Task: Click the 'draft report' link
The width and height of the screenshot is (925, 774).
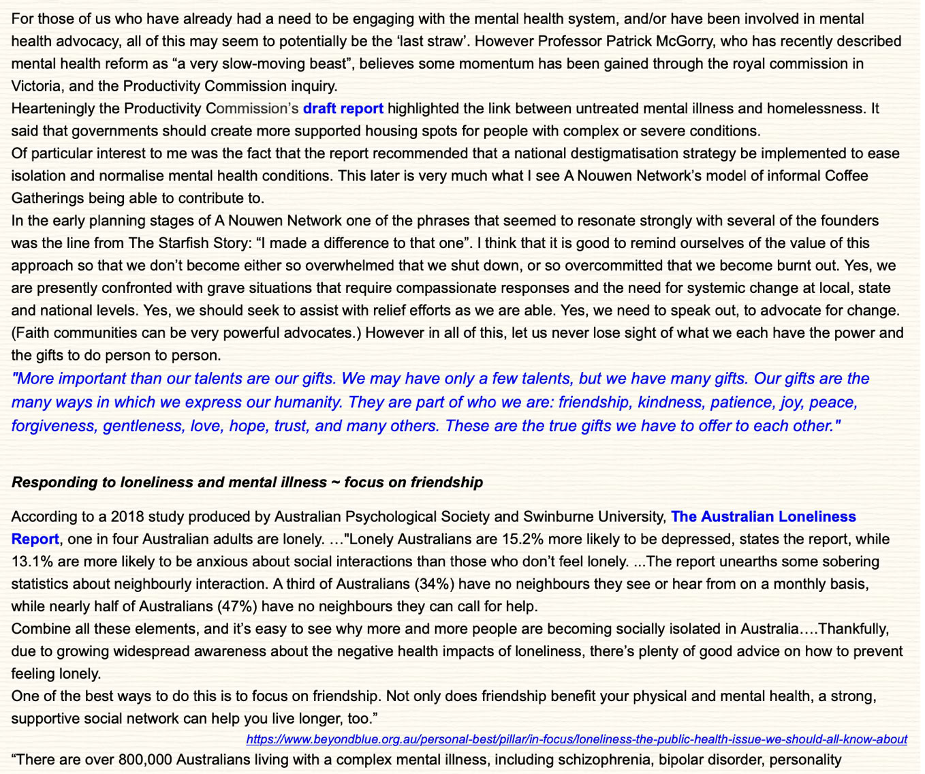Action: pos(343,108)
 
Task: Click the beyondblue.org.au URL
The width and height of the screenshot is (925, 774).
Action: pos(576,739)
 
